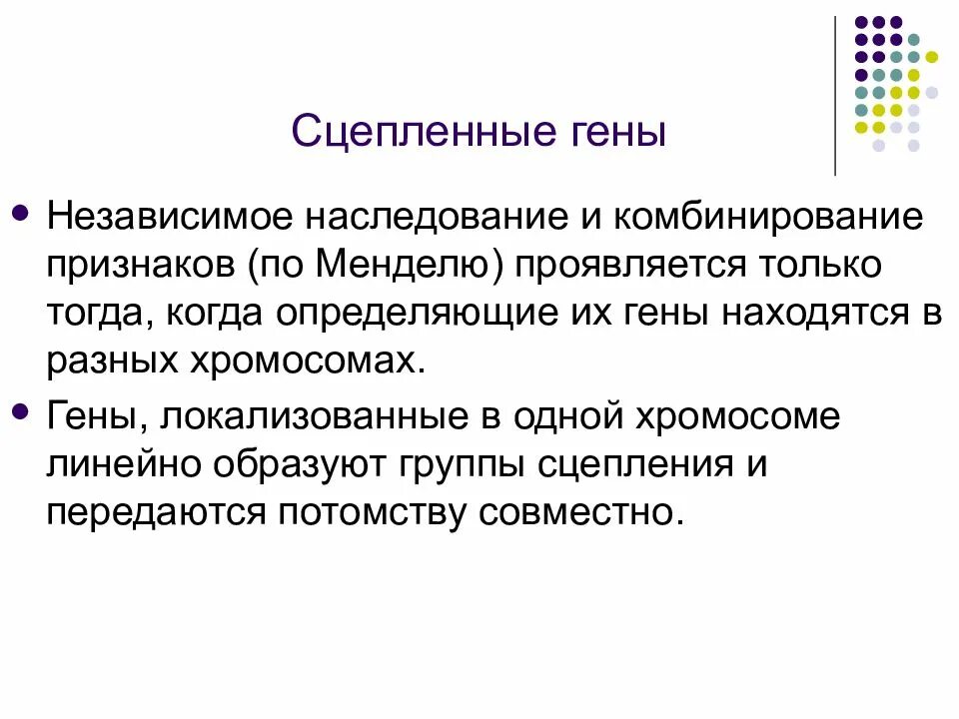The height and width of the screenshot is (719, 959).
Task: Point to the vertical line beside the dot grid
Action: [835, 96]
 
